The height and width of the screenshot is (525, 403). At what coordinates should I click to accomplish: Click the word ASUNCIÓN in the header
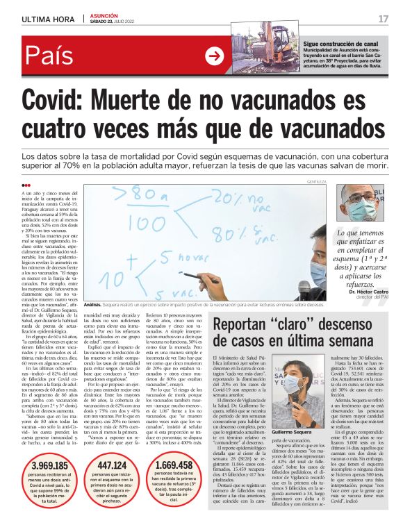coord(104,15)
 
